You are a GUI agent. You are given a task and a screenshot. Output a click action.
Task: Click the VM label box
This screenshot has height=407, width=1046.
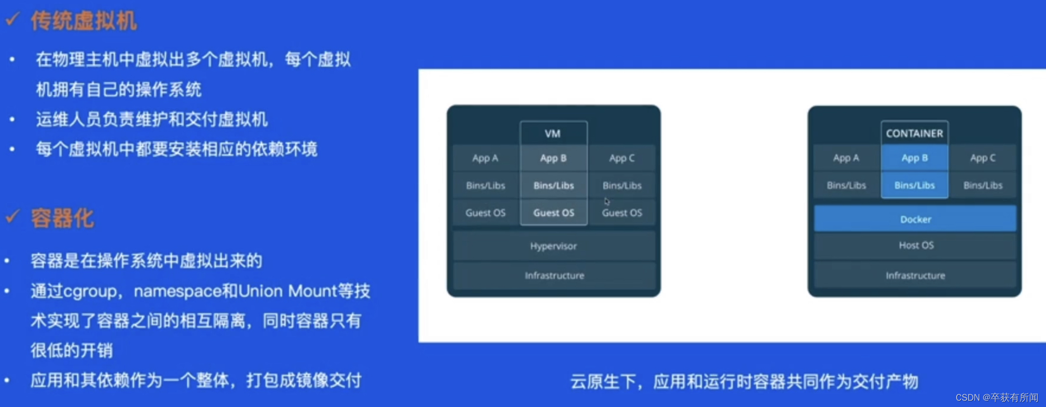553,133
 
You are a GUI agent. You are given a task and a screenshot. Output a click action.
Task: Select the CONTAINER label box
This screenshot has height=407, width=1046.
914,133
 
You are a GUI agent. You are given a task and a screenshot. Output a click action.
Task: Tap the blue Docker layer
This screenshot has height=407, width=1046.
915,219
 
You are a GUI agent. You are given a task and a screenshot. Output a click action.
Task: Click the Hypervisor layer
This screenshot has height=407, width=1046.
554,246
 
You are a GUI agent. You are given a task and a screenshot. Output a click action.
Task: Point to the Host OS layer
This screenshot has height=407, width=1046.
915,245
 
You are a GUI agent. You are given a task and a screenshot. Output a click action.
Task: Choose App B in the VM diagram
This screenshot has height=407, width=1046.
554,158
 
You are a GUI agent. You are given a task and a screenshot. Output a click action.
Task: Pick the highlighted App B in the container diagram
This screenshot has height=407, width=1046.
914,158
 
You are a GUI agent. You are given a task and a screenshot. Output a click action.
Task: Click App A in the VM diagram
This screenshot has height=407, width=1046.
486,158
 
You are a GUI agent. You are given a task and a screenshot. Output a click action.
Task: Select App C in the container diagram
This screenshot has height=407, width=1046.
983,158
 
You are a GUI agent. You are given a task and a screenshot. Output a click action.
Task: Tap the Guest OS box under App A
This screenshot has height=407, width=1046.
486,213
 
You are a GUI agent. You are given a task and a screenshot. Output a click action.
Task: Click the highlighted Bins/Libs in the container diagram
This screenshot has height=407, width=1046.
914,185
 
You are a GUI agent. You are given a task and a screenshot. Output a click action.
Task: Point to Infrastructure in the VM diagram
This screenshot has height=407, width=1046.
554,275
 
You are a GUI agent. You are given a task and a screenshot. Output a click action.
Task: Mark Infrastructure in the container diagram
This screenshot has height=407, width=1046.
915,275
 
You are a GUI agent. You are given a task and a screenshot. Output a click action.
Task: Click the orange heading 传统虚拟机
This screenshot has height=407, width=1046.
84,21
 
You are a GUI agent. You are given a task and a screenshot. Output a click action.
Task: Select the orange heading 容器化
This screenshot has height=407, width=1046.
63,218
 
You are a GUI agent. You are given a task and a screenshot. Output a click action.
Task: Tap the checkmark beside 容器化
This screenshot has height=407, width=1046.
13,217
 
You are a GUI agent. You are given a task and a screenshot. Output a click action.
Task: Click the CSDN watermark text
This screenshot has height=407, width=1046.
997,397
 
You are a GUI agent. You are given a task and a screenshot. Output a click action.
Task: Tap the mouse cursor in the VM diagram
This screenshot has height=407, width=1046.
607,201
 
